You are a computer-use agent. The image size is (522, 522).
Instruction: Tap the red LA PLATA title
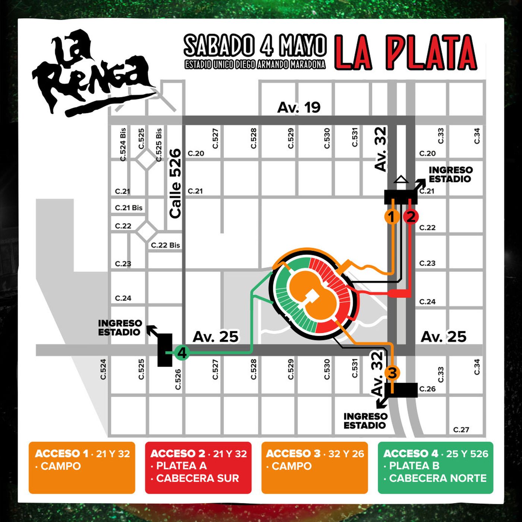pos(406,53)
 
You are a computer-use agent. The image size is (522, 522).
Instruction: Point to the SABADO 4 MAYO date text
pos(255,45)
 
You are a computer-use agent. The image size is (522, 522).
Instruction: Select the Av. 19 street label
pos(299,107)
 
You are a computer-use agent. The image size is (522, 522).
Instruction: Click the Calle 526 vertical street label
pos(175,183)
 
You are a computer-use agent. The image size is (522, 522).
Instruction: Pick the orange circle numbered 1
pos(391,216)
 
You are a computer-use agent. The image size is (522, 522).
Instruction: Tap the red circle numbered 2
pos(411,216)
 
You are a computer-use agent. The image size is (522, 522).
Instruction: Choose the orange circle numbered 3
pos(392,372)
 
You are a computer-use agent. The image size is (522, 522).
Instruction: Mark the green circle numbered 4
pos(182,352)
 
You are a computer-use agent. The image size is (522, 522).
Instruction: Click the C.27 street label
pos(461,430)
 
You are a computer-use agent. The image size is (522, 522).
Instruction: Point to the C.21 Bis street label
pos(129,208)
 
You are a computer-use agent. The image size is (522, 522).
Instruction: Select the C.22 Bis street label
pos(165,245)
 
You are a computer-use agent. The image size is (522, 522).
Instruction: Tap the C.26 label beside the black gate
pos(427,389)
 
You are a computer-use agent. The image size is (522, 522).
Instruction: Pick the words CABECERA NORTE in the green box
pos(438,478)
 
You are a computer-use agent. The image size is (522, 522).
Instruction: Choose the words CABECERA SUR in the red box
pos(198,478)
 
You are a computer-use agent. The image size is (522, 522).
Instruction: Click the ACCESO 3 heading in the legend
pos(293,454)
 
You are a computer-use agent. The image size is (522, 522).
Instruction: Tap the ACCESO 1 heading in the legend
pos(62,454)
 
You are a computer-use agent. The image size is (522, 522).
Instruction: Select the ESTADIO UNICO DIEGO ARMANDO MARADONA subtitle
pos(255,65)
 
